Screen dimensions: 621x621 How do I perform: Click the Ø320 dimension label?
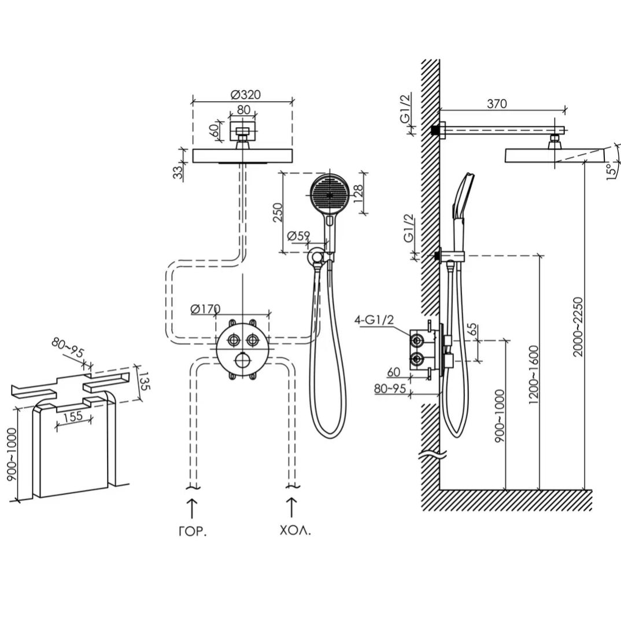pyautogui.click(x=246, y=95)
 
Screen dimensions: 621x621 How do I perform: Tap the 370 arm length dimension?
pyautogui.click(x=497, y=103)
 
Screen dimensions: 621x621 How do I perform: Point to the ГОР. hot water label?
pyautogui.click(x=193, y=531)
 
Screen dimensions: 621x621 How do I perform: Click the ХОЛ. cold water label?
pyautogui.click(x=295, y=531)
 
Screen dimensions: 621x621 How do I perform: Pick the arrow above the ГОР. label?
pyautogui.click(x=192, y=508)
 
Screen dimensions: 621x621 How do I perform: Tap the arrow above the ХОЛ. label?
pyautogui.click(x=292, y=507)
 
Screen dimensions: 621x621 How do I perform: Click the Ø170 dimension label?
pyautogui.click(x=205, y=309)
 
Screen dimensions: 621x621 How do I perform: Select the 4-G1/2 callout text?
pyautogui.click(x=374, y=320)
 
